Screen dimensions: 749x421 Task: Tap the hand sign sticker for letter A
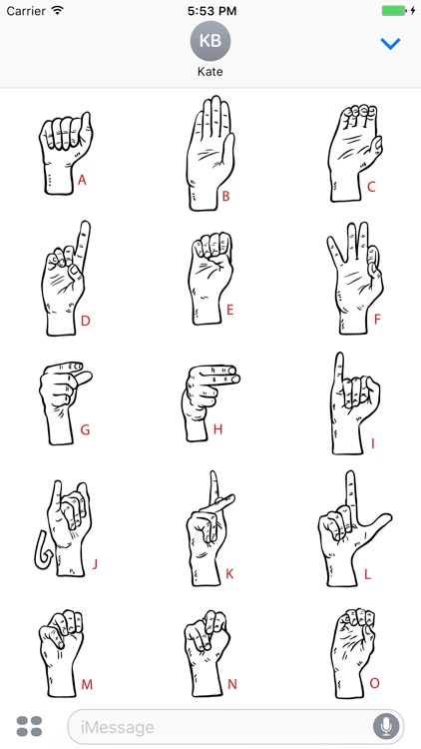(x=64, y=151)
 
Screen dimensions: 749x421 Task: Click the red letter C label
(x=371, y=186)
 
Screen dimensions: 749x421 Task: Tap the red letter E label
(x=229, y=310)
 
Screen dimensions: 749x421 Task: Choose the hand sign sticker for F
(x=353, y=275)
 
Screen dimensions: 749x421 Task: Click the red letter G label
(x=85, y=430)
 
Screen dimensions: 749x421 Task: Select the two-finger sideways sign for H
(x=207, y=399)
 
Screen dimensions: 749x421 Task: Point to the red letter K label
(x=228, y=574)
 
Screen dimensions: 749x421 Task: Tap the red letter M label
(x=87, y=684)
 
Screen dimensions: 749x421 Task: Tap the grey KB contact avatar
(x=210, y=41)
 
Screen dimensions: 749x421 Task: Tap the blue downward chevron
(x=391, y=44)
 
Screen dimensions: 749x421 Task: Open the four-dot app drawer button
(x=30, y=726)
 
